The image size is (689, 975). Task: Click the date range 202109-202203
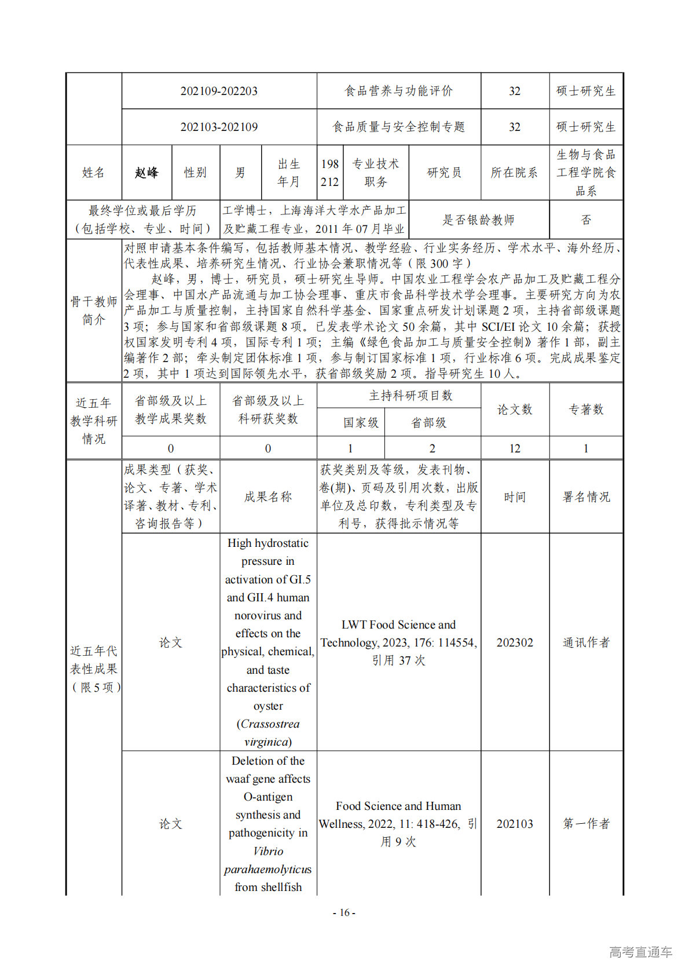pos(219,91)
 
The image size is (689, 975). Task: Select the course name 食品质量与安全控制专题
pos(398,127)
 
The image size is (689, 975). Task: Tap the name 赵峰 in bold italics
pos(146,173)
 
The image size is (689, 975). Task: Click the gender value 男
pos(240,173)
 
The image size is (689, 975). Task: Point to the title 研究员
pos(444,173)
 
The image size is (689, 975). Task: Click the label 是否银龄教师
pos(478,220)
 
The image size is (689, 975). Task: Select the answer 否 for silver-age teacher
pos(586,220)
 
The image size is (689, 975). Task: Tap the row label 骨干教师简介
pos(94,311)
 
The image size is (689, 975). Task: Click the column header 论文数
pos(515,410)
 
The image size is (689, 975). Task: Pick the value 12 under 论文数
pos(515,448)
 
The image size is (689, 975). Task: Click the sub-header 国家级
pos(361,423)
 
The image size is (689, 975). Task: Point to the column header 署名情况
pos(586,497)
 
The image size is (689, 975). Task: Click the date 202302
pos(515,642)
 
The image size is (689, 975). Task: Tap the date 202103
pos(515,824)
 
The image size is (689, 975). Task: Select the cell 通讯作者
pos(586,642)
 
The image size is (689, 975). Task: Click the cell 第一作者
pos(586,824)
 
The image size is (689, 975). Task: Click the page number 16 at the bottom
pos(344,912)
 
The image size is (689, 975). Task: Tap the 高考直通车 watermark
pos(640,952)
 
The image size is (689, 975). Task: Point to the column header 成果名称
pos(268,497)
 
